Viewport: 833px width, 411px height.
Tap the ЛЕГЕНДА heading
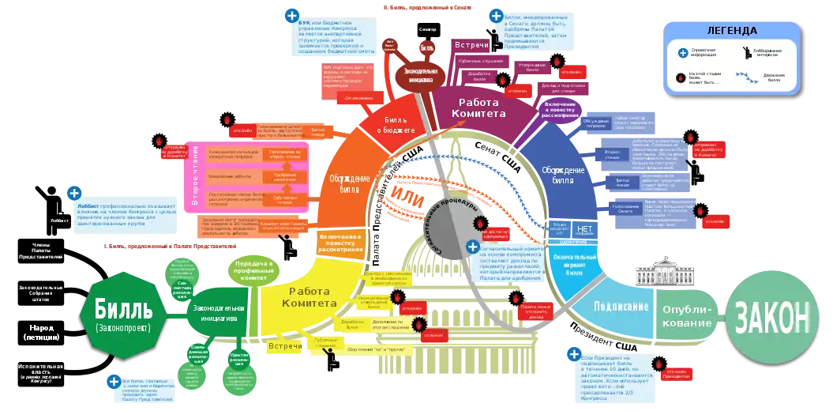click(x=731, y=31)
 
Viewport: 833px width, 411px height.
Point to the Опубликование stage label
click(x=688, y=316)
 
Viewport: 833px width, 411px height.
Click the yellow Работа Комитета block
click(x=304, y=297)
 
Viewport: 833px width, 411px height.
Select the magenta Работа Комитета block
click(x=482, y=107)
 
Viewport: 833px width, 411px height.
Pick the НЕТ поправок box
click(x=584, y=231)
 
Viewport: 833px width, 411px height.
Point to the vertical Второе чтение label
click(x=195, y=177)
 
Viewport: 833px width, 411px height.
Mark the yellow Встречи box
click(x=285, y=346)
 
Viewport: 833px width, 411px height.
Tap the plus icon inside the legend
click(x=682, y=53)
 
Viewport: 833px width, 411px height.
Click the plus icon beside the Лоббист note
click(x=74, y=192)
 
